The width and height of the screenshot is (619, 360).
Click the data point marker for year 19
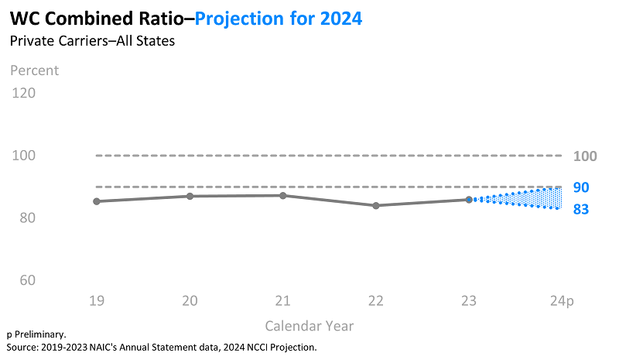[97, 201]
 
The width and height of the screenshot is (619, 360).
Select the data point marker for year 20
[190, 196]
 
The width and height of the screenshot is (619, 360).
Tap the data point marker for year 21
[283, 195]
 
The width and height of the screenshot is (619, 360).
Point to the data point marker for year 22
[376, 205]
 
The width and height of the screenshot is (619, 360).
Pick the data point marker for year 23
[469, 200]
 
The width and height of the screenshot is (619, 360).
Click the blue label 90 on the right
[582, 187]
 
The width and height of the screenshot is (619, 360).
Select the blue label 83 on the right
[582, 209]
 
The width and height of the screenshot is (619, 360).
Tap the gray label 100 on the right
[586, 156]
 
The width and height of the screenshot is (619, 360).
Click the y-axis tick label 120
[25, 93]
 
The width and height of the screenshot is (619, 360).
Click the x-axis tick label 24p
[563, 300]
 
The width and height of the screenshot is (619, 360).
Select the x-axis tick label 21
[283, 300]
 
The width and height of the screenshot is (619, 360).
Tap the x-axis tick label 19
[97, 300]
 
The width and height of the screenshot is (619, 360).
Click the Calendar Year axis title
[309, 326]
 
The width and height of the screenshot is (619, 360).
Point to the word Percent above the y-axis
[34, 70]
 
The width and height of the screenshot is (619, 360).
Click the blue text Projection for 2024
[279, 18]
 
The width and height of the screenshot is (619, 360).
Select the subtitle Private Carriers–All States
[92, 41]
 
